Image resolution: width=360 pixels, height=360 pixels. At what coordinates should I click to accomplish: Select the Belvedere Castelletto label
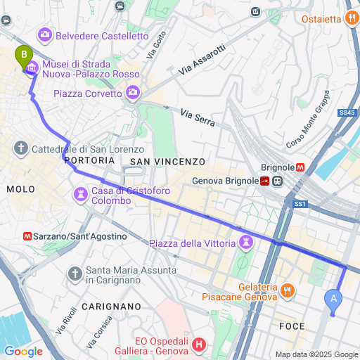(x=102, y=35)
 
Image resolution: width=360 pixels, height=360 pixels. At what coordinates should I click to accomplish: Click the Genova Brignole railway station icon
(x=265, y=181)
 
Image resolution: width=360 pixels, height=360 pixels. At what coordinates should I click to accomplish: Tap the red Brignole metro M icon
(x=300, y=168)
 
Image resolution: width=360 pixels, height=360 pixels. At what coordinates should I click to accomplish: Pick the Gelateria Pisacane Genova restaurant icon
(x=287, y=290)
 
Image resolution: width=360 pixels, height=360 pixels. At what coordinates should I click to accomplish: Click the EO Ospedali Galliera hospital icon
(x=200, y=345)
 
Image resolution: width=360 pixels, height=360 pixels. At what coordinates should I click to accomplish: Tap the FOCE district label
(x=292, y=326)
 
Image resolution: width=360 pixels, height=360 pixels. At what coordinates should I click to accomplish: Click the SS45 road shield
(x=347, y=112)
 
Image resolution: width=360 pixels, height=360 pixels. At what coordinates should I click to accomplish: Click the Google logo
(x=23, y=351)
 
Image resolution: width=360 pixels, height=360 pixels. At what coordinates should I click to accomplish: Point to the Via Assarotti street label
(x=202, y=59)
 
